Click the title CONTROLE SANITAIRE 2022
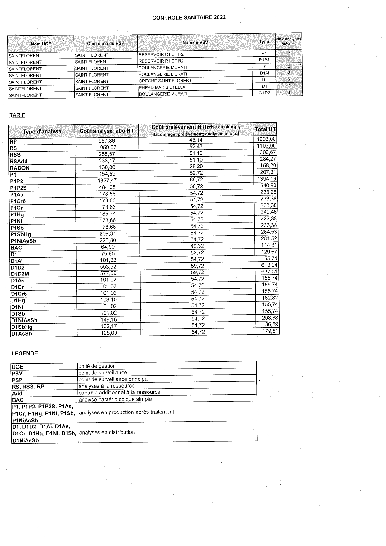[x=189, y=18]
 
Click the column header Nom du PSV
[x=195, y=42]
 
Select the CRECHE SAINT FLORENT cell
[x=165, y=81]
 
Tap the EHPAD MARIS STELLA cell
[x=162, y=87]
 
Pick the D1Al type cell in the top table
[x=264, y=73]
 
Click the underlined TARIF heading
[x=17, y=115]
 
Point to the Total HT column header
[x=265, y=129]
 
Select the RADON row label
[x=20, y=168]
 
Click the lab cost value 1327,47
[x=107, y=181]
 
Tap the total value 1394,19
[x=267, y=179]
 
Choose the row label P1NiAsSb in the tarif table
[x=23, y=241]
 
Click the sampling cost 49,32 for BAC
[x=197, y=246]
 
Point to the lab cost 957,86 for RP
[x=107, y=141]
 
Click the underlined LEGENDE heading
[x=25, y=354]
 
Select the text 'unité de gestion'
[x=97, y=366]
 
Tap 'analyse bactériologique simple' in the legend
[x=115, y=399]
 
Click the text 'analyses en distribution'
[x=107, y=432]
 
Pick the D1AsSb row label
[x=21, y=334]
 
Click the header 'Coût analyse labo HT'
[x=107, y=131]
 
